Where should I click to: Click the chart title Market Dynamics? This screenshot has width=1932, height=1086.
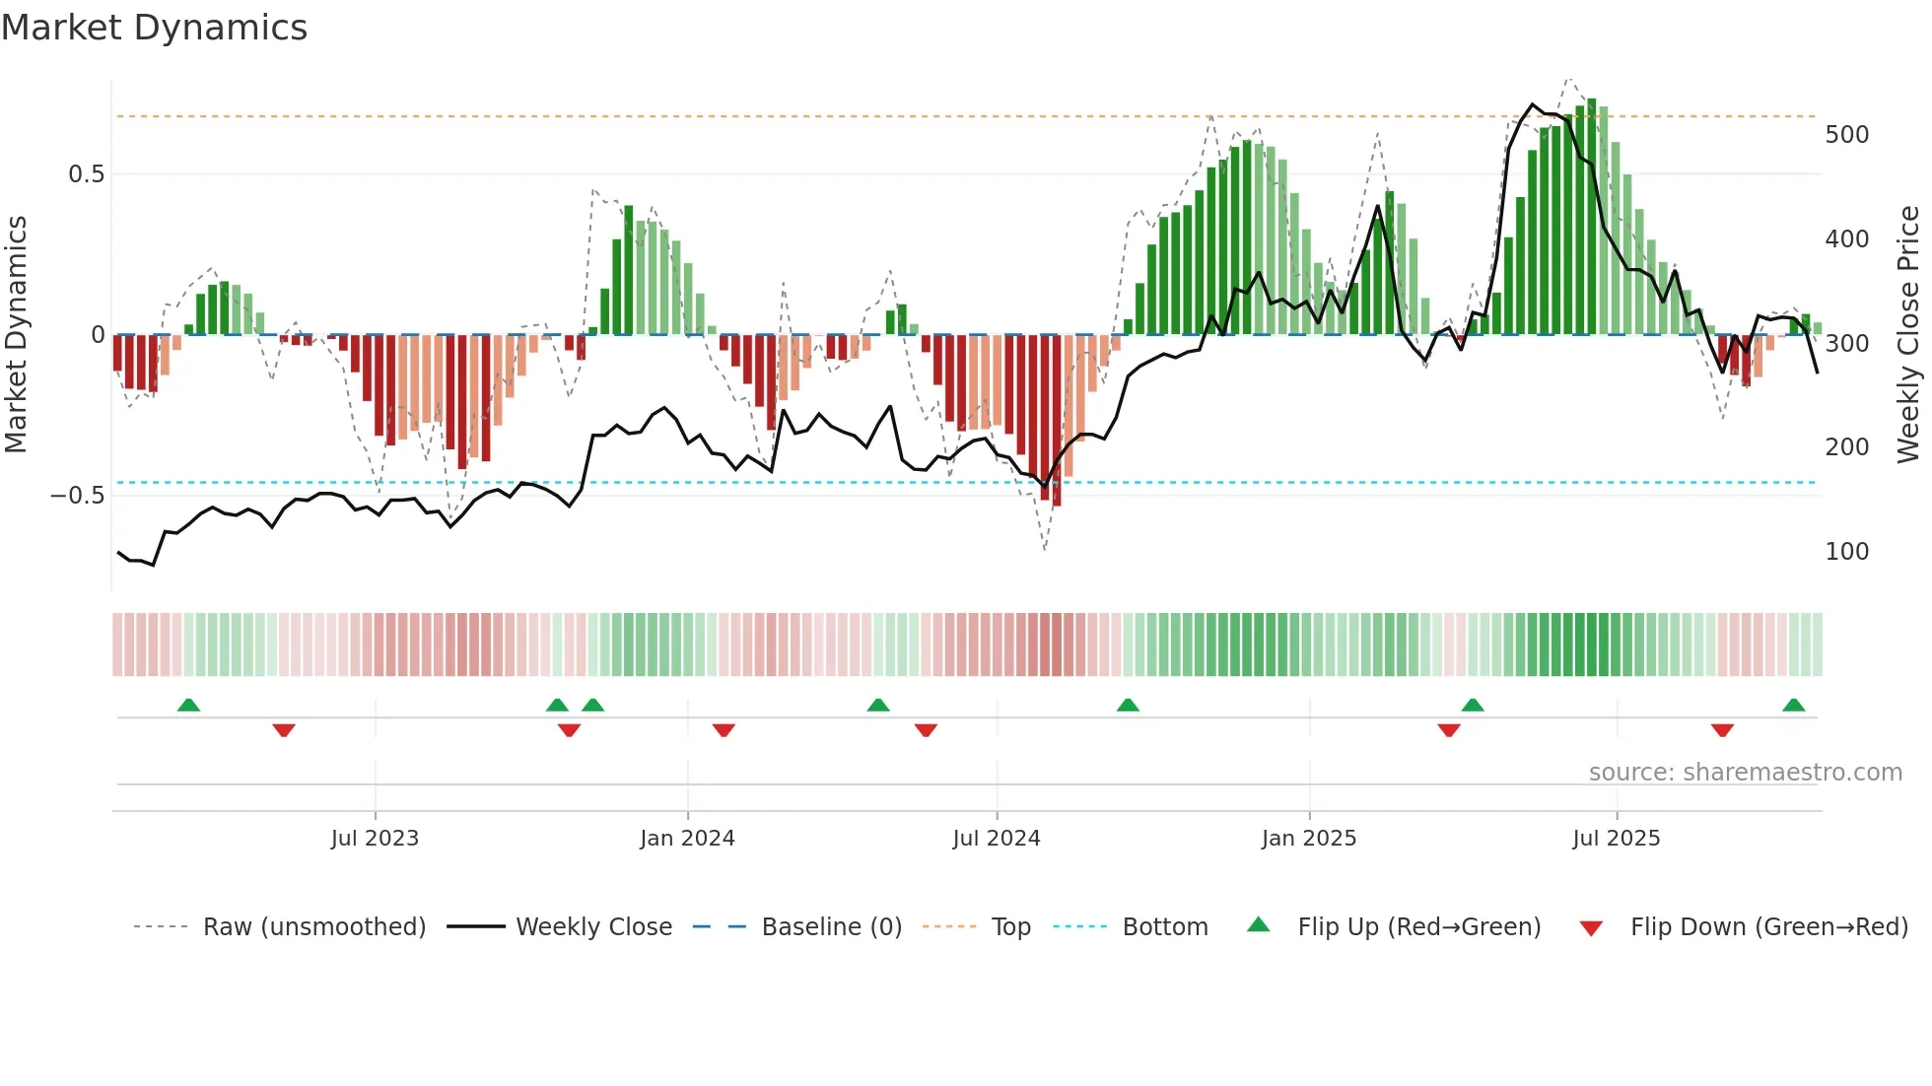154,28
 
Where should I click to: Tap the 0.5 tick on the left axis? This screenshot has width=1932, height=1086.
86,174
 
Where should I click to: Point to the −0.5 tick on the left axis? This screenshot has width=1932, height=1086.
77,496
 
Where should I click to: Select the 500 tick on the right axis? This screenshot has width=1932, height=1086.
1846,135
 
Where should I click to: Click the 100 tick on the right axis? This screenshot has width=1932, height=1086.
1846,552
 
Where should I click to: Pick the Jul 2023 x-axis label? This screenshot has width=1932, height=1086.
375,839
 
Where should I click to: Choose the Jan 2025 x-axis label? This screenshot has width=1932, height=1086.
1308,839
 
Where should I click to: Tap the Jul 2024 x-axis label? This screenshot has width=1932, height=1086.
996,839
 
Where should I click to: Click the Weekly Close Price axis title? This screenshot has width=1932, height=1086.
1908,335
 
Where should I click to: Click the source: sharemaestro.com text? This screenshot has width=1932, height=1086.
1745,773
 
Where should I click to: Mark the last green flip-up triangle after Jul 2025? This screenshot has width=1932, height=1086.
1793,706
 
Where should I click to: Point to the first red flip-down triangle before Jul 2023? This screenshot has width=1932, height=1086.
284,730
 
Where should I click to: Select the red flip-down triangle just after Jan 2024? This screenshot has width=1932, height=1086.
724,730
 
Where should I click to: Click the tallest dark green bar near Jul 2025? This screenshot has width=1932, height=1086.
1591,217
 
